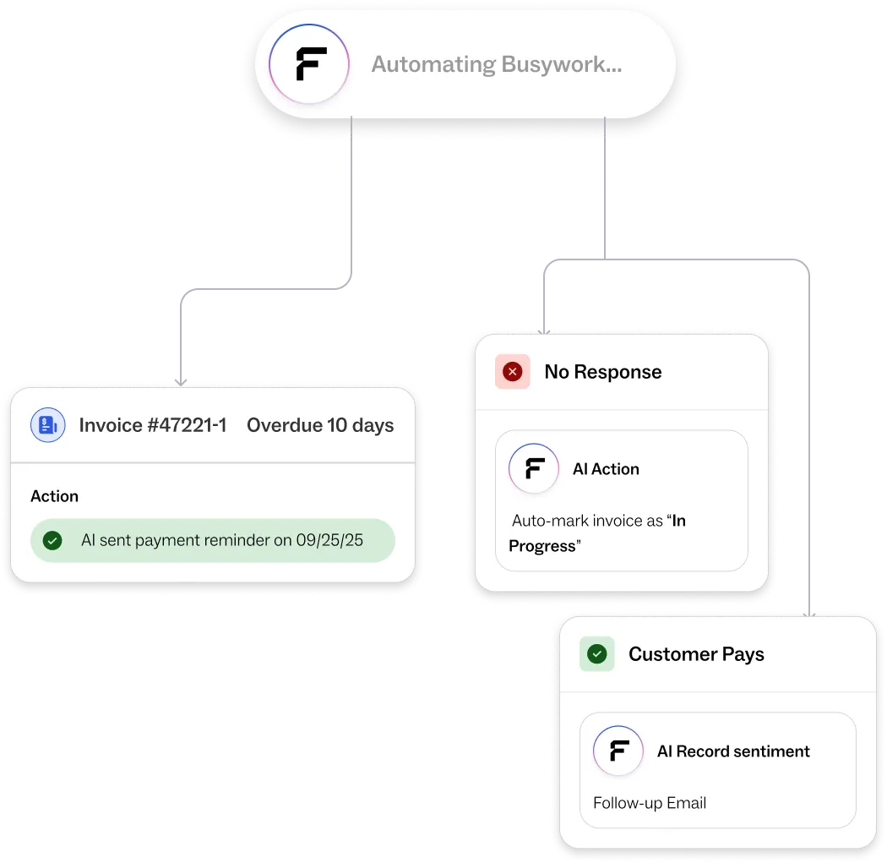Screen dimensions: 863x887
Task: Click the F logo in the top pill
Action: pos(310,65)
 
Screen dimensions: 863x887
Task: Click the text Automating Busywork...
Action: pos(497,65)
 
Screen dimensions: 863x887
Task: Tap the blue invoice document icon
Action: pos(48,425)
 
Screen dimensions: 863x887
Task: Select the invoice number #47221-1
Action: pos(153,425)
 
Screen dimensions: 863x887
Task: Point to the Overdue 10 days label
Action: pos(320,425)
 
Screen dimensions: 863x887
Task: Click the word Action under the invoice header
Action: pos(54,496)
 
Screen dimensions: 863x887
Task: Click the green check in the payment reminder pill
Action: pos(52,540)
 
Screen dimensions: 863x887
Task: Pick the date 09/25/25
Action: pos(329,540)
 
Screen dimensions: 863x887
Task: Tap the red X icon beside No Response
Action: pos(512,372)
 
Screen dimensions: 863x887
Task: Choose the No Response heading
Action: pos(602,372)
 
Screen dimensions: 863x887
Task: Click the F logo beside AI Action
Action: pos(534,468)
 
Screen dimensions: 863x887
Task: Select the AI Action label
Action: pos(606,469)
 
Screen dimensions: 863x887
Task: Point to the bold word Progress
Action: pos(541,546)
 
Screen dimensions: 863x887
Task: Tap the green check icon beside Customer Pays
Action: pos(597,654)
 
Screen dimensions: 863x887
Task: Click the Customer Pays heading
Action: pos(696,654)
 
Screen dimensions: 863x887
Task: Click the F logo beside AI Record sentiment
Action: pos(619,751)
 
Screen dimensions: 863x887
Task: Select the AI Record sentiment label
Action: pos(733,751)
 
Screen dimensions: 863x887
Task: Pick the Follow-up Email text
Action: pos(650,803)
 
